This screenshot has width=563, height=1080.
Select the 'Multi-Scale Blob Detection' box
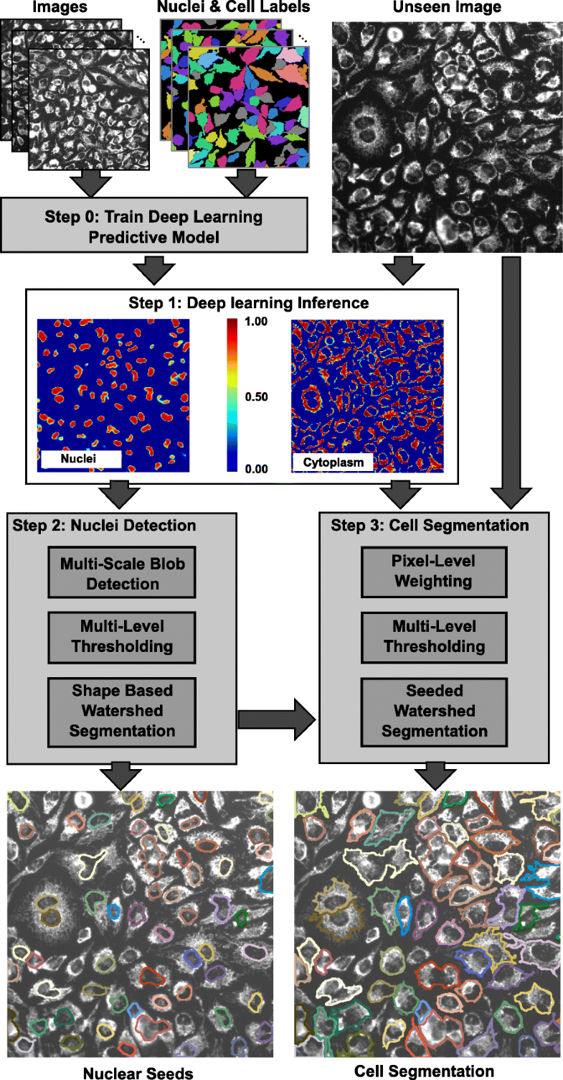tap(123, 573)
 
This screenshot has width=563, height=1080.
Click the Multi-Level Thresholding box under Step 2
tap(123, 636)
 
